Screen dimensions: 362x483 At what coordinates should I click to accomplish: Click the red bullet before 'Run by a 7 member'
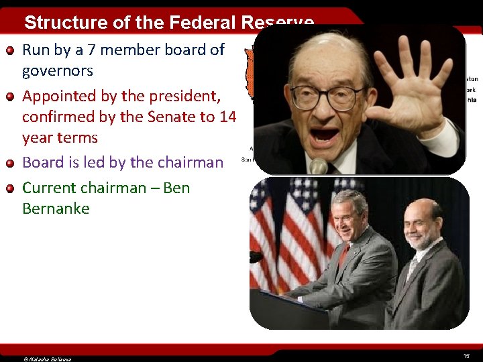pos(11,50)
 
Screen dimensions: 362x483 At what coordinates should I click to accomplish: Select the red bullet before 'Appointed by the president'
pos(11,96)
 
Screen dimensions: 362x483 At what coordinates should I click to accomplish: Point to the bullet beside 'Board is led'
pos(11,162)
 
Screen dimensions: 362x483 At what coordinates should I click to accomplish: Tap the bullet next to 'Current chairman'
pos(11,188)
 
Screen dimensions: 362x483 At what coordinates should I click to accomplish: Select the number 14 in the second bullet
pos(228,117)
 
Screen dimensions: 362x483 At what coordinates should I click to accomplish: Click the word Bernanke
pos(56,208)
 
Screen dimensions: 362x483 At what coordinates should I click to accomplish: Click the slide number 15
pos(466,355)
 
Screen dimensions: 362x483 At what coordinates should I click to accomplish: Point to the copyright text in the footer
pos(47,359)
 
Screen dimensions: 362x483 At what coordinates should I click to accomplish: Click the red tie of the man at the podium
pos(343,255)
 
